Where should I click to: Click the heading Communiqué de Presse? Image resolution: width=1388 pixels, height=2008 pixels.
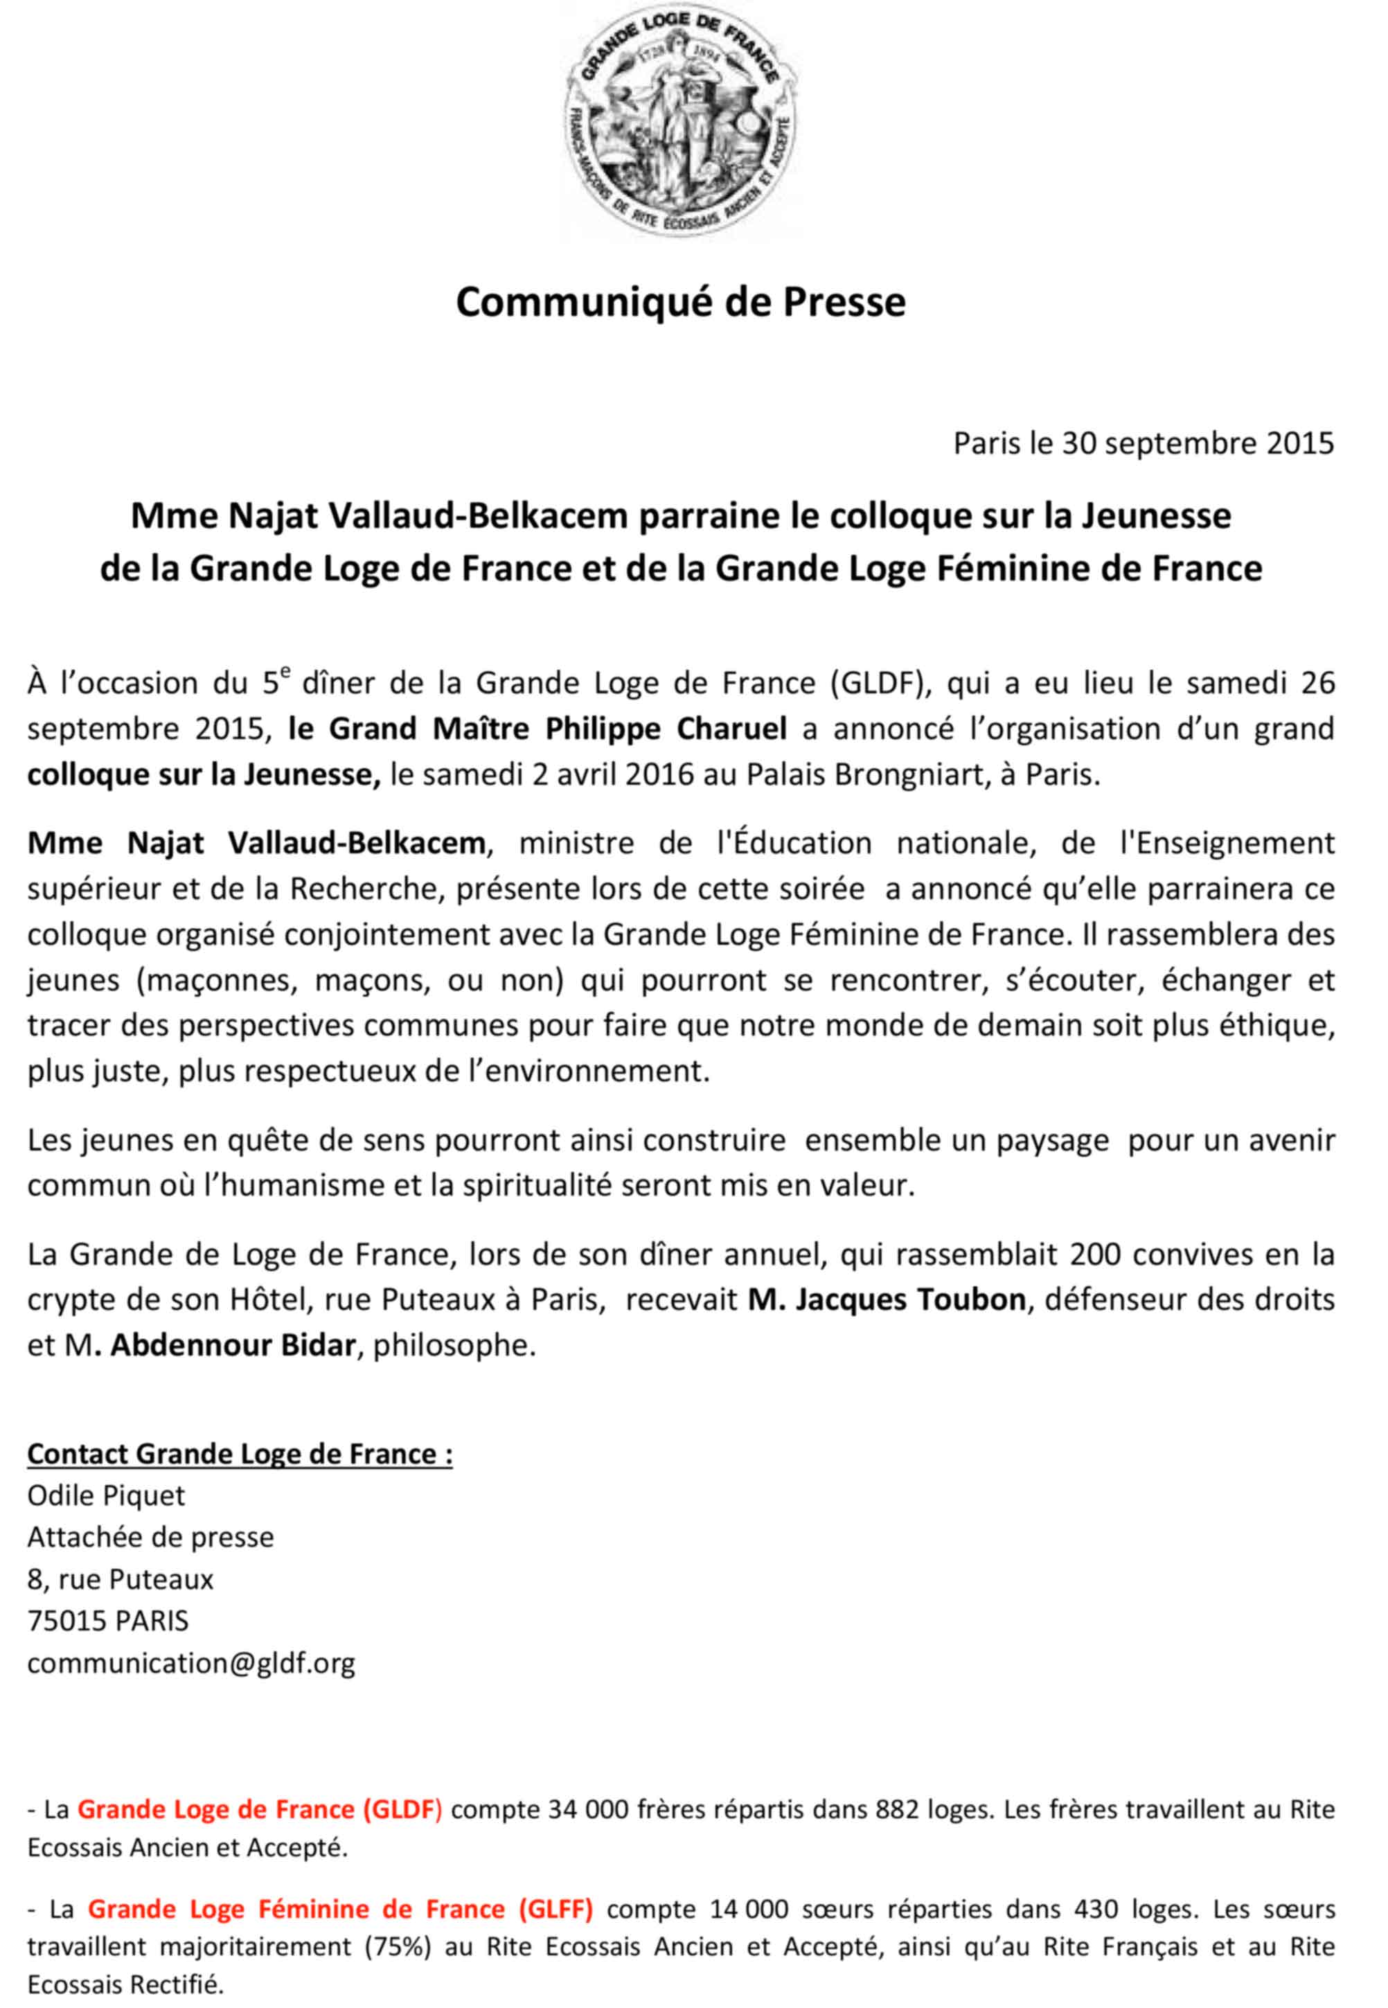(681, 302)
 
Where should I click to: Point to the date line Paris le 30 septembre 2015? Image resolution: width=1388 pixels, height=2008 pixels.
(1144, 445)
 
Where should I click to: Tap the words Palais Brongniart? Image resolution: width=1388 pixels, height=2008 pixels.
(861, 773)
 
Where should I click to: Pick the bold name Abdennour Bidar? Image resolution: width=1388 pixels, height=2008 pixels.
(233, 1345)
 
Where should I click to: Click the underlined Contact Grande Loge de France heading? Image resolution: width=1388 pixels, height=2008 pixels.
(240, 1453)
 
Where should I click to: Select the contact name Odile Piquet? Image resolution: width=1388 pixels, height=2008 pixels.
(107, 1495)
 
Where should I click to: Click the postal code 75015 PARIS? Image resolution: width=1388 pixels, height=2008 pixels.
(109, 1620)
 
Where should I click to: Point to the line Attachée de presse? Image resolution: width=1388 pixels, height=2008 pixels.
(150, 1537)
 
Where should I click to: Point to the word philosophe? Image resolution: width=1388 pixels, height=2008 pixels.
(450, 1345)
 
